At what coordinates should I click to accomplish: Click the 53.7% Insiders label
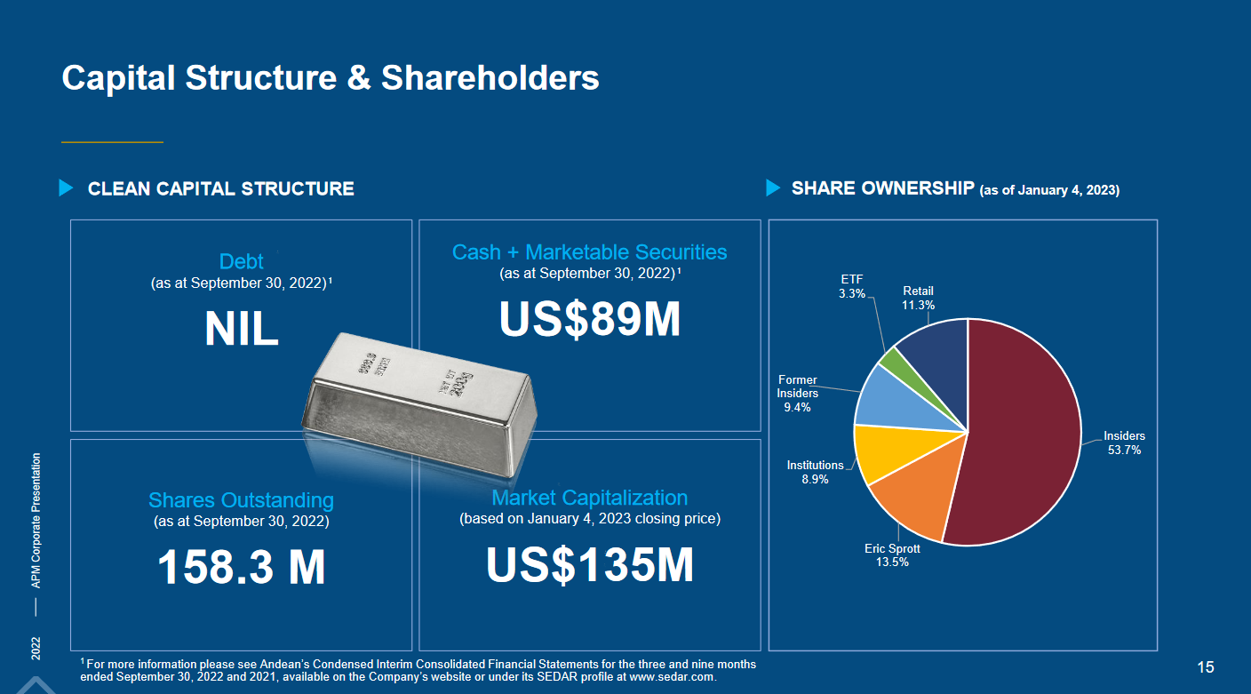pyautogui.click(x=1124, y=443)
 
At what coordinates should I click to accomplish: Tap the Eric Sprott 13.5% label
pyautogui.click(x=892, y=555)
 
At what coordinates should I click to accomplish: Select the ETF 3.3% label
pyautogui.click(x=851, y=286)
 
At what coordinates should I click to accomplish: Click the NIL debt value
pyautogui.click(x=242, y=330)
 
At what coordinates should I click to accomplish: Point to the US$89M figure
pyautogui.click(x=590, y=320)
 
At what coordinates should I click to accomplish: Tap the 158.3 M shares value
pyautogui.click(x=242, y=567)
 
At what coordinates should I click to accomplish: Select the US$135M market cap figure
pyautogui.click(x=590, y=564)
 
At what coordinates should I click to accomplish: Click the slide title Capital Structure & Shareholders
pyautogui.click(x=331, y=78)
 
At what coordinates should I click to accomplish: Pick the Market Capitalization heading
pyautogui.click(x=590, y=498)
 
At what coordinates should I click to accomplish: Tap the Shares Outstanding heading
pyautogui.click(x=242, y=500)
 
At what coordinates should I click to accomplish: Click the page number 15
pyautogui.click(x=1206, y=667)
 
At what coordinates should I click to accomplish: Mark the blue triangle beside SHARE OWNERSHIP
pyautogui.click(x=773, y=188)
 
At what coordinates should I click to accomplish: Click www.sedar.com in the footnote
pyautogui.click(x=672, y=677)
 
